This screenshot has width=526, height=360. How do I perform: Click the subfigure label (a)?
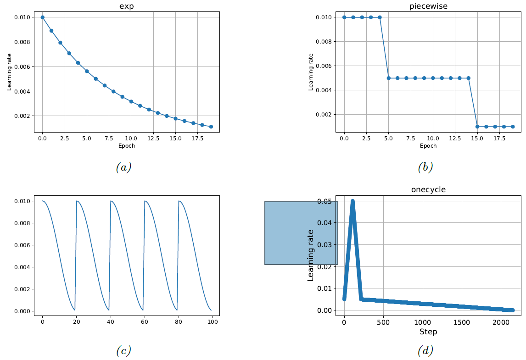coord(123,167)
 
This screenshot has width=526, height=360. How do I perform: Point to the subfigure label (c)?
coord(123,351)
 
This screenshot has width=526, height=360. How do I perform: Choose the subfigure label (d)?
coord(425,351)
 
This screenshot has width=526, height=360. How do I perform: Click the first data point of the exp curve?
coord(42,17)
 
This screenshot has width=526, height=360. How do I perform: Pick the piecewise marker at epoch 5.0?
coord(388,78)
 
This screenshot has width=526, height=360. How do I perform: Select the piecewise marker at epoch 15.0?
coord(477,127)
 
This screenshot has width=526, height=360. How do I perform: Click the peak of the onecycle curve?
coord(353,201)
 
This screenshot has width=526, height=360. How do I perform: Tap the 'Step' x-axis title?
coord(428,332)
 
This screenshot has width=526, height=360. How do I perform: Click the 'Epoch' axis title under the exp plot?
coord(126,146)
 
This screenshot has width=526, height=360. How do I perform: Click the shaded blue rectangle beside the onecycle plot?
coord(301,233)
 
